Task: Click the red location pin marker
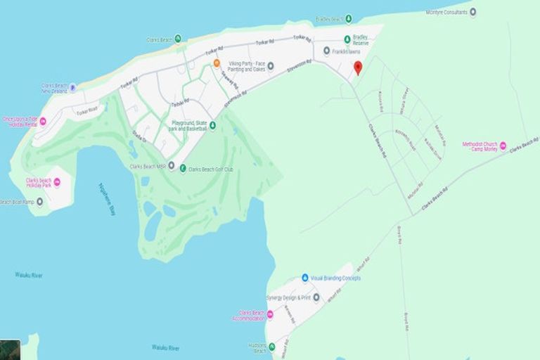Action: coord(357,67)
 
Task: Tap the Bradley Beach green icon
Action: coord(348,19)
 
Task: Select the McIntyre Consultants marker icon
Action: coord(472,12)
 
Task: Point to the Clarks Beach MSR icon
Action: coord(171,166)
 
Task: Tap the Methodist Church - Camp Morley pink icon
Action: coord(503,146)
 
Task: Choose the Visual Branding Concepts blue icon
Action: coord(305,278)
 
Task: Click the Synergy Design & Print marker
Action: coord(316,297)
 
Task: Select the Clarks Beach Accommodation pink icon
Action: coord(269,314)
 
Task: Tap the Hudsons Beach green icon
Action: coord(271,347)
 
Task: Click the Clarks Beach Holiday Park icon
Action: coord(57,182)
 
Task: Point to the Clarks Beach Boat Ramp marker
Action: coord(39,202)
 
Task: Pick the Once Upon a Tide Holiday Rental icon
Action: coord(42,122)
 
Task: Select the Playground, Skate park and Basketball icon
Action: coord(212,126)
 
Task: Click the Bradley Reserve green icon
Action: coord(347,39)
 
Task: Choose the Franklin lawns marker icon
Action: coord(326,51)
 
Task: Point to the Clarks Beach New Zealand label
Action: coord(54,88)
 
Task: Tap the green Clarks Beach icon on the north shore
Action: coord(177,39)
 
